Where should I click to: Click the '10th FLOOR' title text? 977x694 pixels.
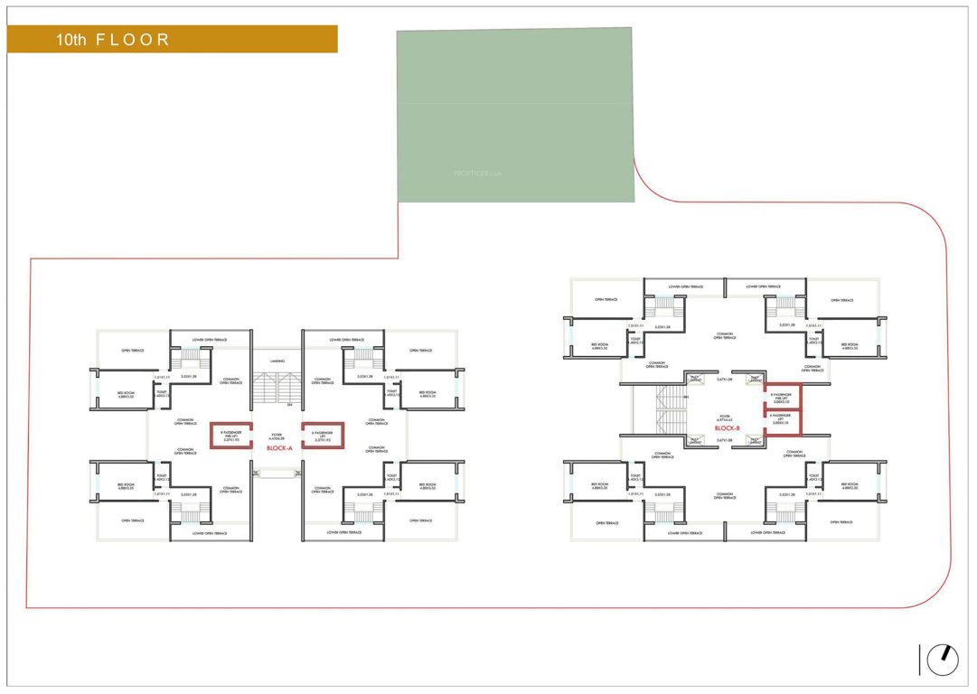point(112,40)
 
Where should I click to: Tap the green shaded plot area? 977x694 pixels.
point(515,115)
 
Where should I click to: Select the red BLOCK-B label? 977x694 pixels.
point(727,428)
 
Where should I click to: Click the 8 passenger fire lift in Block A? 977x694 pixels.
point(231,436)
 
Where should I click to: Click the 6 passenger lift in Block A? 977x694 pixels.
point(324,436)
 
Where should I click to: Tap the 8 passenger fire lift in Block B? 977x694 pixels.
point(782,398)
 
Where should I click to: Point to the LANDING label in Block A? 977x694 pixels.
point(277,361)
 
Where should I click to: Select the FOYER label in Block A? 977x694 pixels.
point(277,436)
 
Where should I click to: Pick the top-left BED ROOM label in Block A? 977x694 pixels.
point(126,394)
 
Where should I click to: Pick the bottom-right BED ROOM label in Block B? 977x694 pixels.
point(850,486)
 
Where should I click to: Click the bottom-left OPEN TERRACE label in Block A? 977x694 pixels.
point(133,520)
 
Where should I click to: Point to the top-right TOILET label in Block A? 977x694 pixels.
point(390,394)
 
